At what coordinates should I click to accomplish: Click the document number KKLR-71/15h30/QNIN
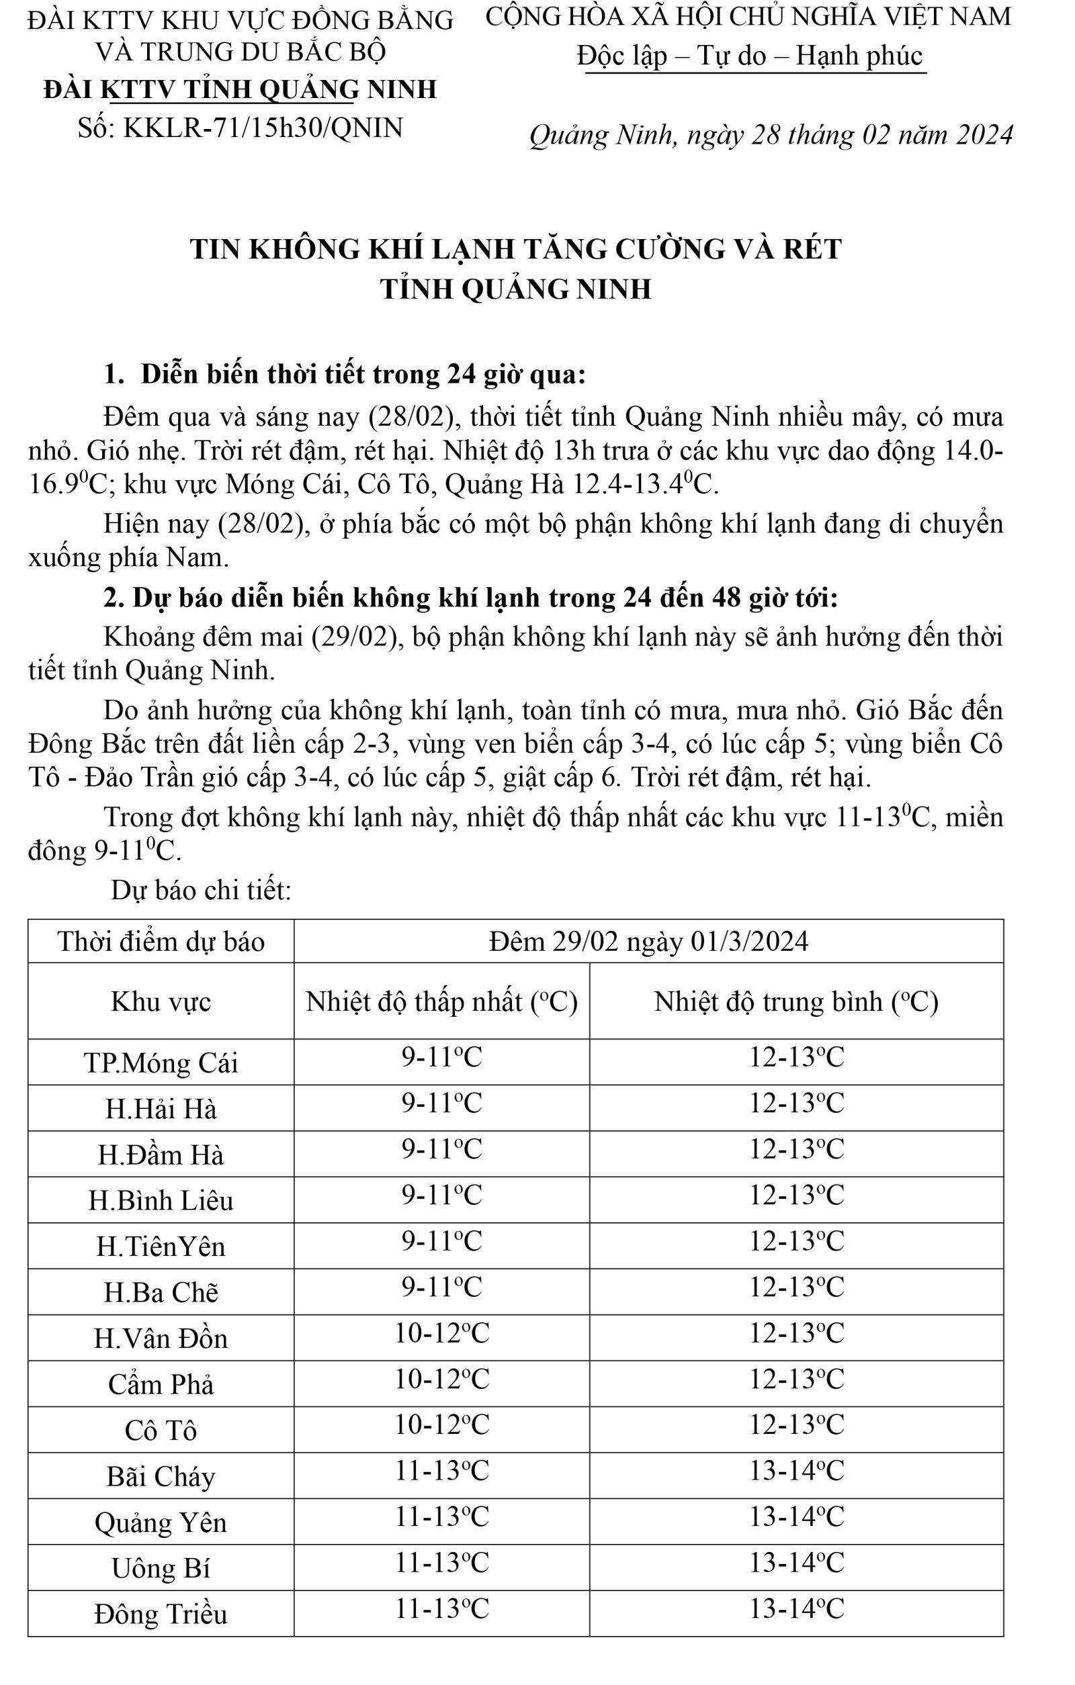(240, 128)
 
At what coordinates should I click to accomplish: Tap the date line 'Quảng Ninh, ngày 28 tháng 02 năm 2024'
(771, 135)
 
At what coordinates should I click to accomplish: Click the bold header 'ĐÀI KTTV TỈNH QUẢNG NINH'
(240, 89)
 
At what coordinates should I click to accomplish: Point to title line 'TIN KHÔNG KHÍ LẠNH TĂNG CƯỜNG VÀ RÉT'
(516, 249)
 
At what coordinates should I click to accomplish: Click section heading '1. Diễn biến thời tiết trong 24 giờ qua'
(344, 375)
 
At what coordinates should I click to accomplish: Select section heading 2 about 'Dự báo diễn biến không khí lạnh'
(470, 598)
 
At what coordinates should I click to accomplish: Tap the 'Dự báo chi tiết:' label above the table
(201, 891)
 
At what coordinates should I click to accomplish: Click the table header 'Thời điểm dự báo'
(161, 942)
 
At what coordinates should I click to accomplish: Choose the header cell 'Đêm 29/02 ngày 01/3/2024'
(649, 942)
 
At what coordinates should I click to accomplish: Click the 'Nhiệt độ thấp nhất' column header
(441, 1002)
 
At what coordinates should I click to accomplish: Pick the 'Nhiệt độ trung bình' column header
(795, 1002)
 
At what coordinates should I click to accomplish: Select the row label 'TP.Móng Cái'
(161, 1063)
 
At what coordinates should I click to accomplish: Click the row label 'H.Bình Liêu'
(161, 1201)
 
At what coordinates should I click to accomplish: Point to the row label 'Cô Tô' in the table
(161, 1430)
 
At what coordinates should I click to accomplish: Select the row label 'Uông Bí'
(161, 1568)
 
